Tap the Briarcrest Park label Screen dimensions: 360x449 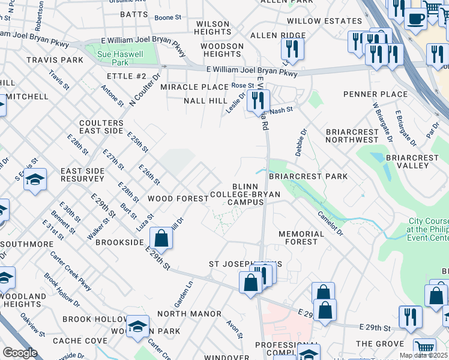[x=308, y=176]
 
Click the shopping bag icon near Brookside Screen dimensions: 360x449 [x=161, y=238]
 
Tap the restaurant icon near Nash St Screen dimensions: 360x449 [x=258, y=101]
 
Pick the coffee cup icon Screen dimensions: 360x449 [x=415, y=18]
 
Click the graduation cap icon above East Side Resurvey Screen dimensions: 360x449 [x=35, y=179]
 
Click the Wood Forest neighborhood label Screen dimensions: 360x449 [x=178, y=199]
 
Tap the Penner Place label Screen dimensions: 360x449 [x=375, y=94]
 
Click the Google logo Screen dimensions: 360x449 [x=20, y=353]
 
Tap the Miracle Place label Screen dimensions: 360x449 [x=194, y=87]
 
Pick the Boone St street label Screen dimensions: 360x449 [x=167, y=18]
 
